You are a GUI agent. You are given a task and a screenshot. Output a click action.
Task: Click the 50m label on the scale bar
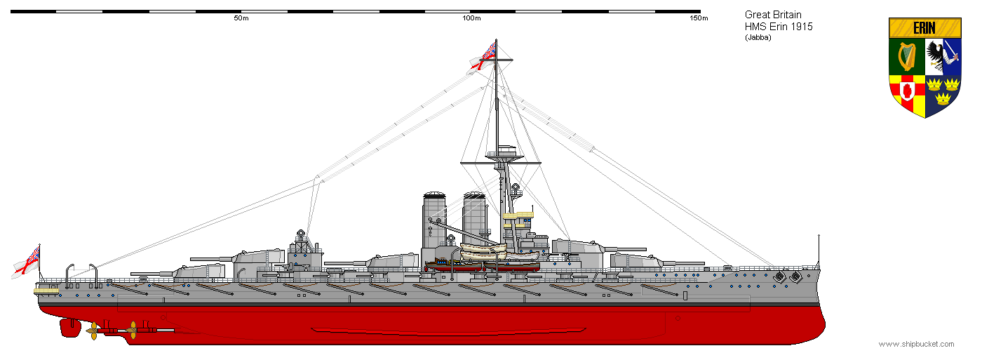pos(241,18)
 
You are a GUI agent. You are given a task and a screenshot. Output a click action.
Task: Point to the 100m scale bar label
pos(471,18)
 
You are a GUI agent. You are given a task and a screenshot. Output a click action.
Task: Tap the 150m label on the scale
pos(699,18)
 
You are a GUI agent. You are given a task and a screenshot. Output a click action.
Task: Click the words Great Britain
pos(773,15)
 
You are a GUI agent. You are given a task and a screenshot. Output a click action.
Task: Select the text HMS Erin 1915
pos(779,27)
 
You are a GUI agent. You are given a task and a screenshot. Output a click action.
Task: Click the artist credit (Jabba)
pos(758,38)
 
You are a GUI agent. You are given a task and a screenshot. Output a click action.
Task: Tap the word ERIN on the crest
pos(924,28)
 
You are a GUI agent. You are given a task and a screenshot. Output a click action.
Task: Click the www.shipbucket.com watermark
pos(916,344)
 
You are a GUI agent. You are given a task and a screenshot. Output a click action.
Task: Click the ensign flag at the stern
pos(26,262)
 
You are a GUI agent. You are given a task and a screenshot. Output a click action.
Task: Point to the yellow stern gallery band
pos(46,289)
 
